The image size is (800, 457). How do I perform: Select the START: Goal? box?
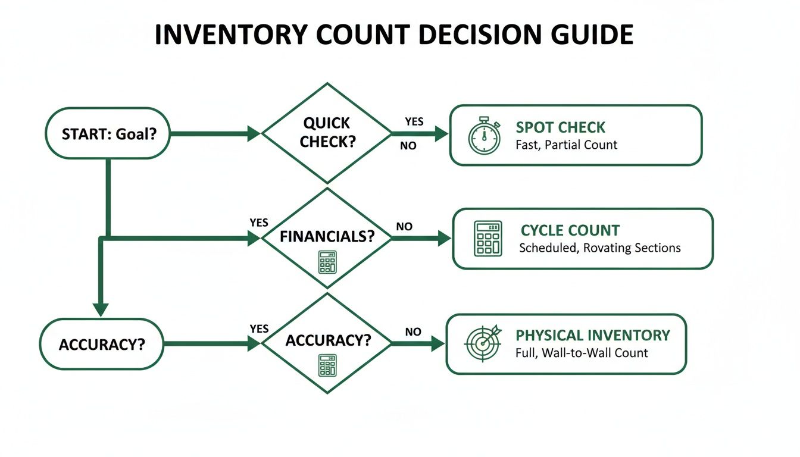click(108, 134)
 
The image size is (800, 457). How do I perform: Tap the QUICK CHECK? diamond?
click(326, 133)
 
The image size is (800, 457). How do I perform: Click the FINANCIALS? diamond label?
click(327, 236)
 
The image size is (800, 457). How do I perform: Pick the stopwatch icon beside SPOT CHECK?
click(484, 136)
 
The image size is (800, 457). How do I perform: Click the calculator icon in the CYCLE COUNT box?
click(487, 239)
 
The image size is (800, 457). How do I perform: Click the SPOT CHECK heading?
click(560, 127)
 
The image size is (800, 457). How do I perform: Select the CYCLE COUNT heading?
click(570, 230)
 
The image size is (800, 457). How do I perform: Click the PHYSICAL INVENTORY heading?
click(592, 335)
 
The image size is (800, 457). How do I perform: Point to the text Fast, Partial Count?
click(566, 145)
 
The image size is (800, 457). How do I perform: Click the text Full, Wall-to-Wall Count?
click(581, 353)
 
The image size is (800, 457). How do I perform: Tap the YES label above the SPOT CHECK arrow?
click(414, 121)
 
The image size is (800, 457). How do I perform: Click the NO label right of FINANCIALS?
click(404, 227)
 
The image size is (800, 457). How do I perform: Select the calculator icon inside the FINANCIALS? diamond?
click(327, 262)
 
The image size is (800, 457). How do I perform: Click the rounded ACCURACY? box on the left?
click(101, 345)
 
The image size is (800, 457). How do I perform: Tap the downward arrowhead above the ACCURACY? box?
click(101, 309)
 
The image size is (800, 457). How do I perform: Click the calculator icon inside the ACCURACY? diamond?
click(327, 365)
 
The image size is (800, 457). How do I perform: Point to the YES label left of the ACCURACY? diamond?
click(260, 329)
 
